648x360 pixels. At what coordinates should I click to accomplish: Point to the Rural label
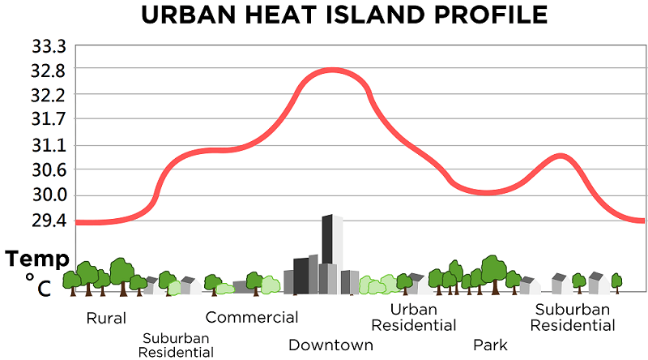[106, 318]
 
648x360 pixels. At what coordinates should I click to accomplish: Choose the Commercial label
[252, 317]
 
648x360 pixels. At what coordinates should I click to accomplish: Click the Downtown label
[330, 345]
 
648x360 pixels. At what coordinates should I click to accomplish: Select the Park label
[490, 345]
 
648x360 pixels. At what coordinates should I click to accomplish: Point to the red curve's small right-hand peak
[559, 155]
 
